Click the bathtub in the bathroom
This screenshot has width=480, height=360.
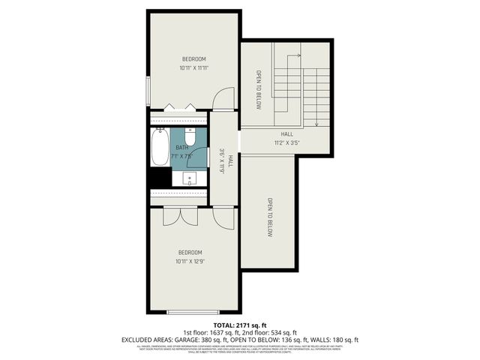coord(160,148)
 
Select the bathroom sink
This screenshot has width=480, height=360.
coord(190,178)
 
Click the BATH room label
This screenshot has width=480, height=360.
coord(182,148)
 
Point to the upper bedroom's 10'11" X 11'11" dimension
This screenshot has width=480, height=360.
coord(193,68)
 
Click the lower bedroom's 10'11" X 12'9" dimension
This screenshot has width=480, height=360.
coord(190,262)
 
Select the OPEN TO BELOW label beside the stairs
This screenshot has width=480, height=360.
coord(258,90)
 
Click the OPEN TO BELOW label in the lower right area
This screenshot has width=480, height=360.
coord(269,217)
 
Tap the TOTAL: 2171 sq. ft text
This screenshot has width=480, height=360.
coord(239,324)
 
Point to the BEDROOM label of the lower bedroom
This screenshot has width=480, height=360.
coord(190,252)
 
